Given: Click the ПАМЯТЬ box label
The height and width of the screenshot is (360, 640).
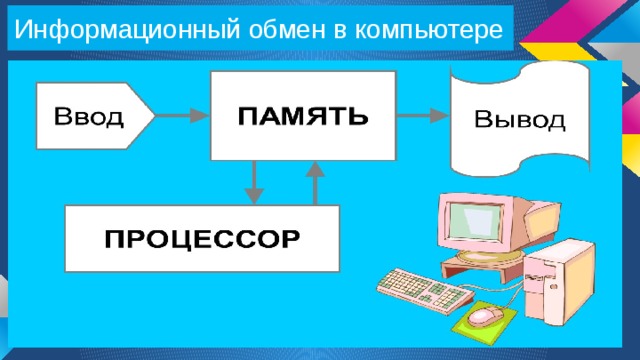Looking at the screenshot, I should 302,116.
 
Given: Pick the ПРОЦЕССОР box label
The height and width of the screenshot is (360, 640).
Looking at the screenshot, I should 202,240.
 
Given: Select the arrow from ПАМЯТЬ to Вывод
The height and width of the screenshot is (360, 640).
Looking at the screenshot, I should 424,117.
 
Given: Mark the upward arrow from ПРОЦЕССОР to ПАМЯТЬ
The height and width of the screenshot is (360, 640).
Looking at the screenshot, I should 316,182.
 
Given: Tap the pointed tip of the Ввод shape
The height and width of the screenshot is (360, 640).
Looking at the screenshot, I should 153,117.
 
